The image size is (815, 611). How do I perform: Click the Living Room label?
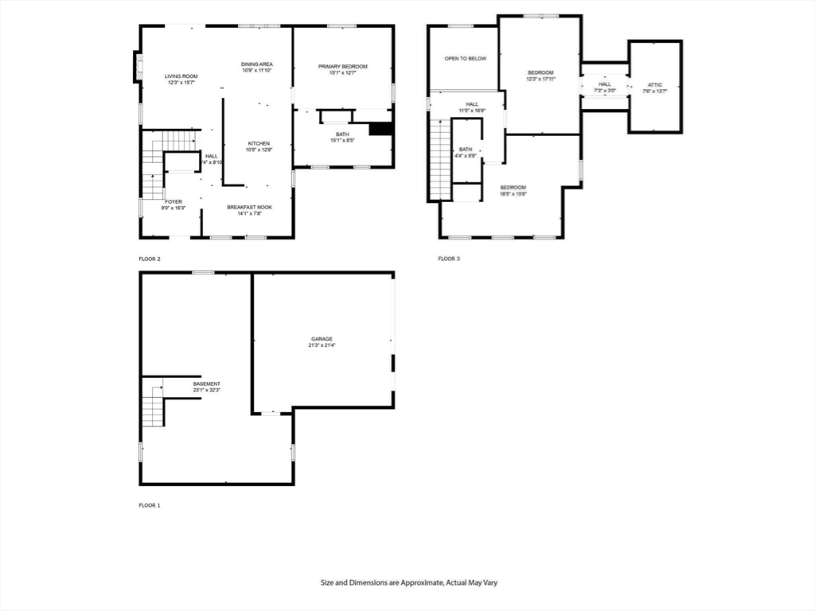[x=181, y=76]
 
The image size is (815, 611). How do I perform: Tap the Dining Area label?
[x=257, y=64]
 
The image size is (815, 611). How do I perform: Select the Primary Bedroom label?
[x=342, y=66]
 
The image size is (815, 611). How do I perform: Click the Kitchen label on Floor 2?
[x=259, y=143]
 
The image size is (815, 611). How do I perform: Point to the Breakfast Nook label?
[x=249, y=207]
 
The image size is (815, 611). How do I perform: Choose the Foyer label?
[x=174, y=201]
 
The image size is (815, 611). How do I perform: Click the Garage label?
[x=322, y=339]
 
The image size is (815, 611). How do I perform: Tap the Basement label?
[x=206, y=383]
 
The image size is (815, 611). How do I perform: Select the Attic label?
[x=654, y=84]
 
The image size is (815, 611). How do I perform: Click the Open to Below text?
[x=465, y=58]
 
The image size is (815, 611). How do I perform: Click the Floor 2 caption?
[x=150, y=259]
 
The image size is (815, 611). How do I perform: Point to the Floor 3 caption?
[x=449, y=259]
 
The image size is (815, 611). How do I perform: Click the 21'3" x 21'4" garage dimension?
[x=322, y=345]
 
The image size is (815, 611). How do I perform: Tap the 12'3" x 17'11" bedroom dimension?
[x=540, y=79]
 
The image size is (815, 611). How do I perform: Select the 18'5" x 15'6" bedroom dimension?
[x=514, y=194]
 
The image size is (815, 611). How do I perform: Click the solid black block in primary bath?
[x=381, y=130]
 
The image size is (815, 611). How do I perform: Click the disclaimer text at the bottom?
[x=408, y=582]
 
